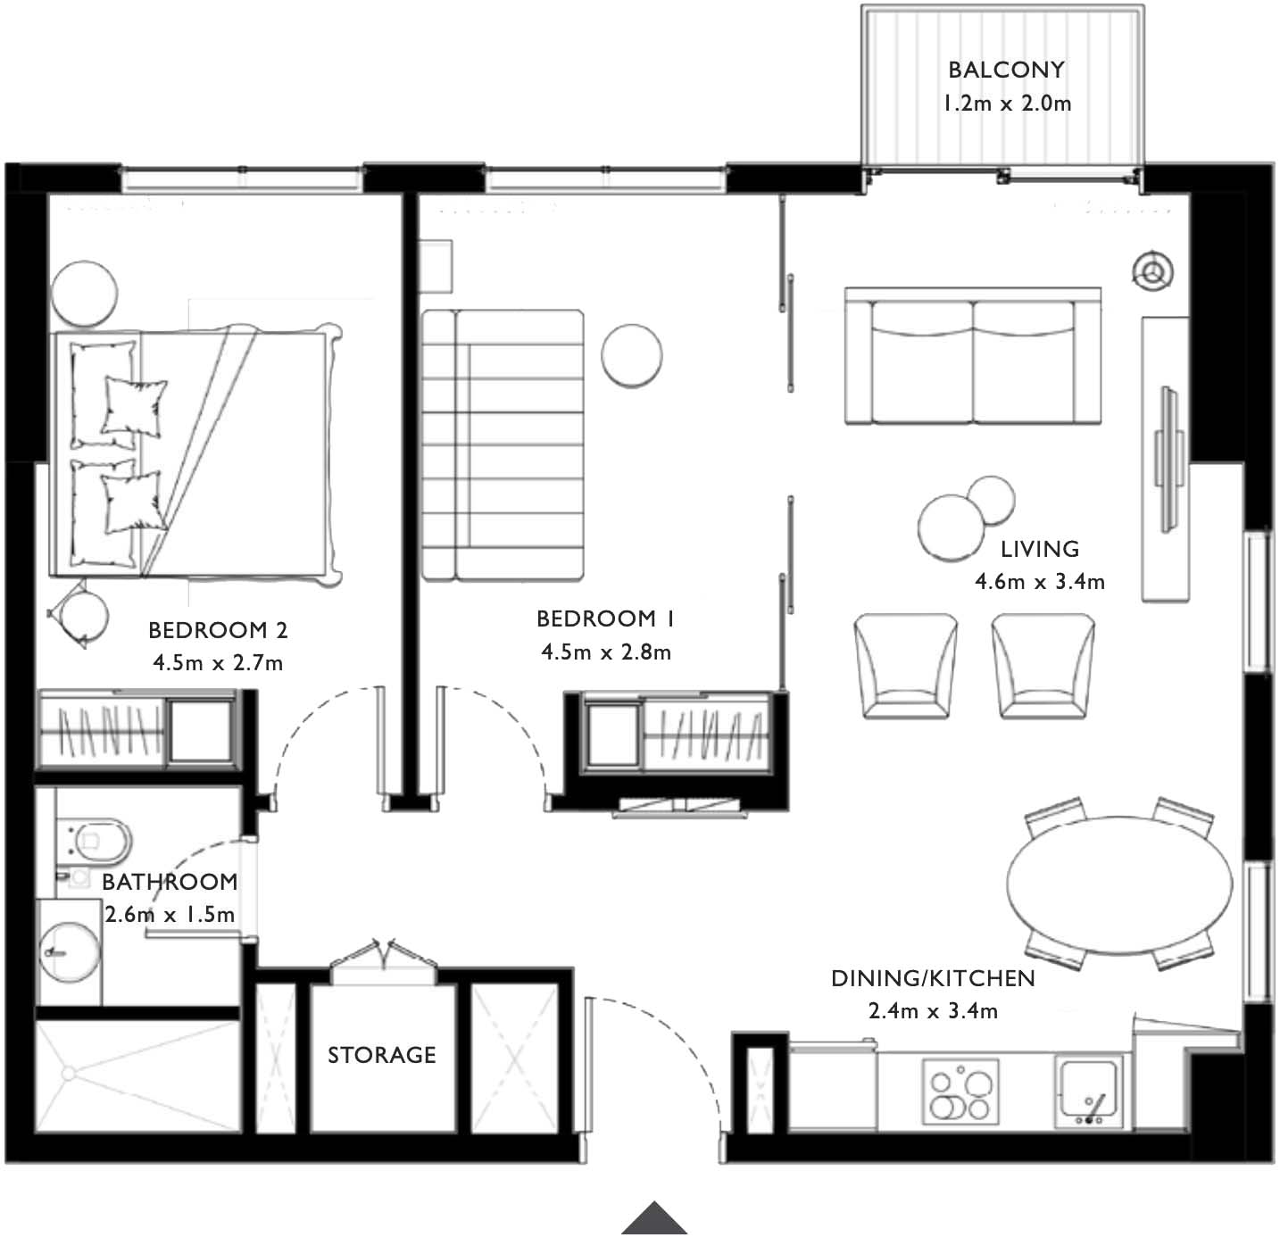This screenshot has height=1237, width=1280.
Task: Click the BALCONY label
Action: (x=1006, y=70)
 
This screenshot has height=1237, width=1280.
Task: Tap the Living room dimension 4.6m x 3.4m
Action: (x=1039, y=581)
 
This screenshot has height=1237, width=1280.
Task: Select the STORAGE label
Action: (x=381, y=1055)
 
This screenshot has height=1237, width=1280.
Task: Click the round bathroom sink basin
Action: (x=70, y=952)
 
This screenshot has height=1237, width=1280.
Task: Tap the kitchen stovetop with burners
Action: (x=960, y=1091)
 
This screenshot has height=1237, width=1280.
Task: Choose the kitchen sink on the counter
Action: (x=1089, y=1091)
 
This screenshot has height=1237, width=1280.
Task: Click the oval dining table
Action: (x=1119, y=884)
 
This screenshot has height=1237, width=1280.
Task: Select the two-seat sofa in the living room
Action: (x=973, y=355)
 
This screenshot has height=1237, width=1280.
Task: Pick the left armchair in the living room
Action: (x=906, y=666)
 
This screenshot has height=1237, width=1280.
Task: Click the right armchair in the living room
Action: (x=1043, y=666)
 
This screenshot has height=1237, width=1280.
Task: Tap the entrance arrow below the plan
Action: (x=653, y=1218)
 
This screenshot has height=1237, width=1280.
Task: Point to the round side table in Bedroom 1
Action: (x=631, y=356)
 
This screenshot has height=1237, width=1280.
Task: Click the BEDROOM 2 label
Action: (x=218, y=630)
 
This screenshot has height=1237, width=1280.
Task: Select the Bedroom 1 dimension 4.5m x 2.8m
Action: (x=606, y=652)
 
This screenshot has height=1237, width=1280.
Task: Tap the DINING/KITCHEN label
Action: (x=933, y=978)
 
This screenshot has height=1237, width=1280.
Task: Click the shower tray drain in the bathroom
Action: (x=69, y=1074)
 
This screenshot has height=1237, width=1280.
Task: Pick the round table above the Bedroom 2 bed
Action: (x=84, y=294)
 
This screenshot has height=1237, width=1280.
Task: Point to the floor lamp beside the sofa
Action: (x=1153, y=271)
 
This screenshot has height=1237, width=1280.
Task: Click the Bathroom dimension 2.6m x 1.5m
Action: (x=170, y=913)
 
